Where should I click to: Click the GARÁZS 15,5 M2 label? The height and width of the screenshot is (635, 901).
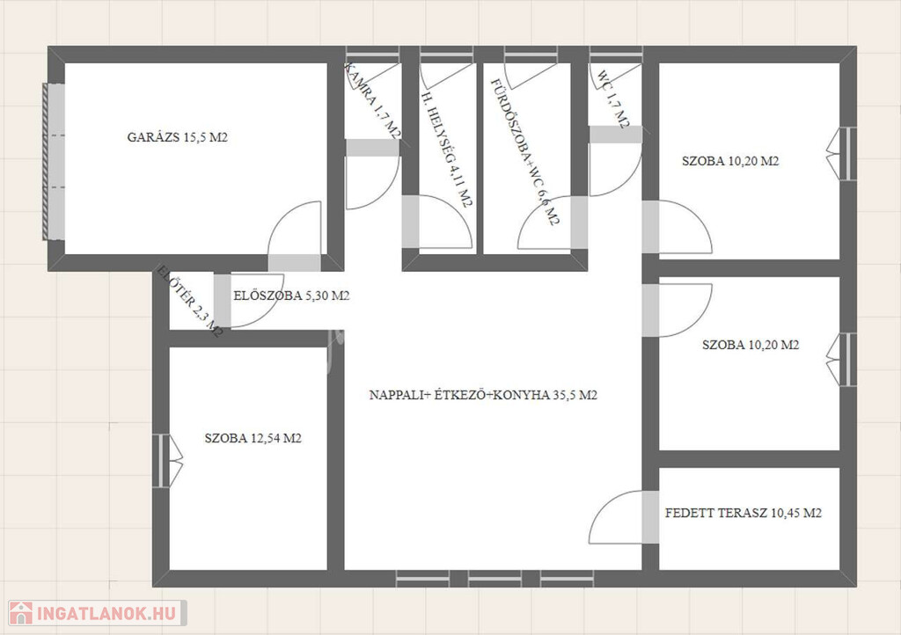point(177,137)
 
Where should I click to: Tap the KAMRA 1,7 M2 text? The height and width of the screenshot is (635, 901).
point(372,100)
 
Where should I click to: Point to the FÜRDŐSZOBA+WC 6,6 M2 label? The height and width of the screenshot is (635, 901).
point(524,151)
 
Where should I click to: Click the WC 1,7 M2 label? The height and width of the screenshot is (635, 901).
point(612,99)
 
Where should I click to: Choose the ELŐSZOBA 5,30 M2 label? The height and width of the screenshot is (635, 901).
point(291,296)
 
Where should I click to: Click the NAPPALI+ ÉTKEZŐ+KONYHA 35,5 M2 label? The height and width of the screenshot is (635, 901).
point(483,395)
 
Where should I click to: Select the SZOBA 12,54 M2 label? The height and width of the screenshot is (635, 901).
point(253,438)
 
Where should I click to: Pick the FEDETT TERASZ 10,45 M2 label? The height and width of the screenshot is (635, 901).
point(743,513)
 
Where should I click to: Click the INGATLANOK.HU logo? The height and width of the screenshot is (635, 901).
point(98,613)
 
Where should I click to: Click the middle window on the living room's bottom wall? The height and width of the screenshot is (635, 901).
point(494,578)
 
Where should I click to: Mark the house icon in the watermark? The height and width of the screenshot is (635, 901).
point(21,613)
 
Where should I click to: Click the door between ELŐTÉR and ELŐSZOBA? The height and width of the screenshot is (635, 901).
point(222,300)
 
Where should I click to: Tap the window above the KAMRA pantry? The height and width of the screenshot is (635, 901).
point(372,55)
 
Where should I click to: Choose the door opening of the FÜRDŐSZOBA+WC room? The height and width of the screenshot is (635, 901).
point(579,223)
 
